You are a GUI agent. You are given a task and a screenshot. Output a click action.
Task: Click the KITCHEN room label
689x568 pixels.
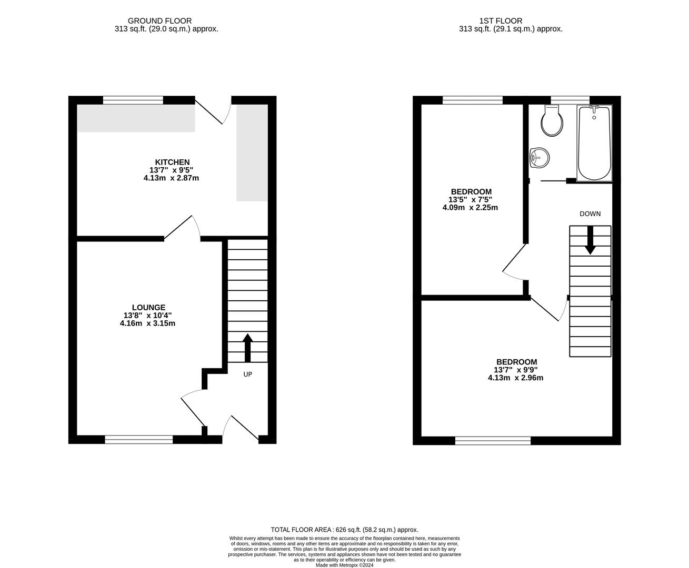coord(172,162)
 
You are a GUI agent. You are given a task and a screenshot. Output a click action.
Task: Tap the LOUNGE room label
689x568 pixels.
coord(148,307)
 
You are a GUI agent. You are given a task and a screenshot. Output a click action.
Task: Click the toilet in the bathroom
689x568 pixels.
coord(552,120)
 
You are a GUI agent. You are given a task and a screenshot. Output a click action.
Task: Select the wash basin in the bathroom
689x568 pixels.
coord(540,158)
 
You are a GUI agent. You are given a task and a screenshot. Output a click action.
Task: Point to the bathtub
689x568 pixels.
coord(594,143)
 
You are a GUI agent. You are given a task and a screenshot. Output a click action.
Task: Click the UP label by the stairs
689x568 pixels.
coord(247,374)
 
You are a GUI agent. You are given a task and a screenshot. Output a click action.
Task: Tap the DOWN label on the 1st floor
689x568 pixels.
coord(590,214)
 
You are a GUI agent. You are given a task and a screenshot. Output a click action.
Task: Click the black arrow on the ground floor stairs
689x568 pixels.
coord(247,348)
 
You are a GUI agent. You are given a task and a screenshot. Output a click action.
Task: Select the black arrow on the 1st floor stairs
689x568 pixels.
coord(590,240)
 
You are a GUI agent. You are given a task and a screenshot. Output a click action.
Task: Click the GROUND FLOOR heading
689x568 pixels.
coord(159,21)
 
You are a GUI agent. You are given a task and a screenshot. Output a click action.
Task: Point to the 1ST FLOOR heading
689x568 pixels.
coord(501,21)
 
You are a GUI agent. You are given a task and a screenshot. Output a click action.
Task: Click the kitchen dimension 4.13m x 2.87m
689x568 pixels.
coord(171,178)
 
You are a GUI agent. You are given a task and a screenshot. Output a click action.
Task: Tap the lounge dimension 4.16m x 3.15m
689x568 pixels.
coord(147,323)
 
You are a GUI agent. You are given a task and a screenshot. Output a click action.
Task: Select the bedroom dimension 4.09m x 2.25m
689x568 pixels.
coord(470,207)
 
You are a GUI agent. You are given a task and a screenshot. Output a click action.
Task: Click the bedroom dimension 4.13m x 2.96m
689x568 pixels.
coord(515,378)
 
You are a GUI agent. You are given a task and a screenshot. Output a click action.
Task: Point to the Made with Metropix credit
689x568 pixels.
coord(344,565)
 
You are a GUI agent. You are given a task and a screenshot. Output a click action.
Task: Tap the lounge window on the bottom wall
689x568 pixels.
coord(139,440)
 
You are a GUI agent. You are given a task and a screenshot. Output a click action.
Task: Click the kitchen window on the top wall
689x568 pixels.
coord(133,100)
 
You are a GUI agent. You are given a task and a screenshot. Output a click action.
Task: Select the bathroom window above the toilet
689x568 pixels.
coord(570,100)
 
